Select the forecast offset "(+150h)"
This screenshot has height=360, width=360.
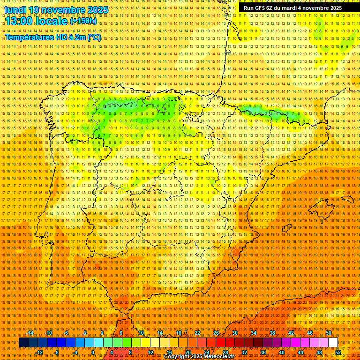click(83, 21)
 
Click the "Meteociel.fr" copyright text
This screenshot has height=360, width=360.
click(216, 357)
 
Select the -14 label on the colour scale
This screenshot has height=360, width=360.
click(30, 333)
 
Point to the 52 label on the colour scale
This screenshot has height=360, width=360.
click(338, 352)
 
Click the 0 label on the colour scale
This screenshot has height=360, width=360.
click(93, 352)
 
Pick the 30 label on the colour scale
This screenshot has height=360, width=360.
click(234, 333)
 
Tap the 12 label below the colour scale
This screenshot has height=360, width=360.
click(150, 352)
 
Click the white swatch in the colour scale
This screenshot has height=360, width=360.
click(333, 343)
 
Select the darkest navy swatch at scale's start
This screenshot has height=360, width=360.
click(23, 343)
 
